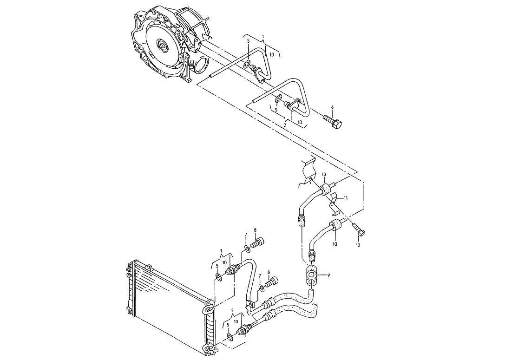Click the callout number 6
tap(332, 108)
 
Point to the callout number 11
tap(345, 198)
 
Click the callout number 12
tap(358, 245)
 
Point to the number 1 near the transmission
tap(263, 36)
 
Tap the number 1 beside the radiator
tap(221, 251)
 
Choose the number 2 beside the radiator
tap(232, 310)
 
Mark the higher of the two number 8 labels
tap(255, 230)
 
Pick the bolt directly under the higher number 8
tap(257, 242)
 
